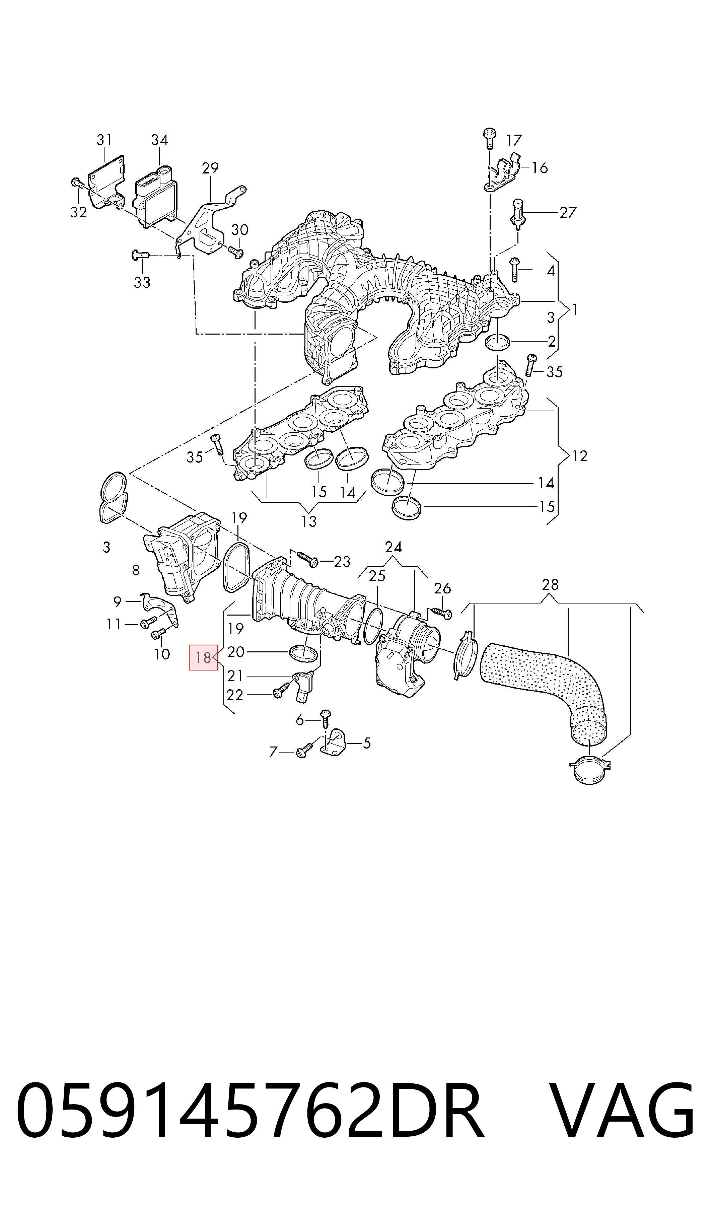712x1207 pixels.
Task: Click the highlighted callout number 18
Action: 203,657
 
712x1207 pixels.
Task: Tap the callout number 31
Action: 104,140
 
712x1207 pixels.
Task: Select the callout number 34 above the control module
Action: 159,140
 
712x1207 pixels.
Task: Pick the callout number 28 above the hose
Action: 550,584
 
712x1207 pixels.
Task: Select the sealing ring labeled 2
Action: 498,343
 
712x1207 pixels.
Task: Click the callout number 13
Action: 309,521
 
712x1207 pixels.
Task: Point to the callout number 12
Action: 580,456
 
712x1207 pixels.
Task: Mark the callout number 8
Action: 136,570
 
